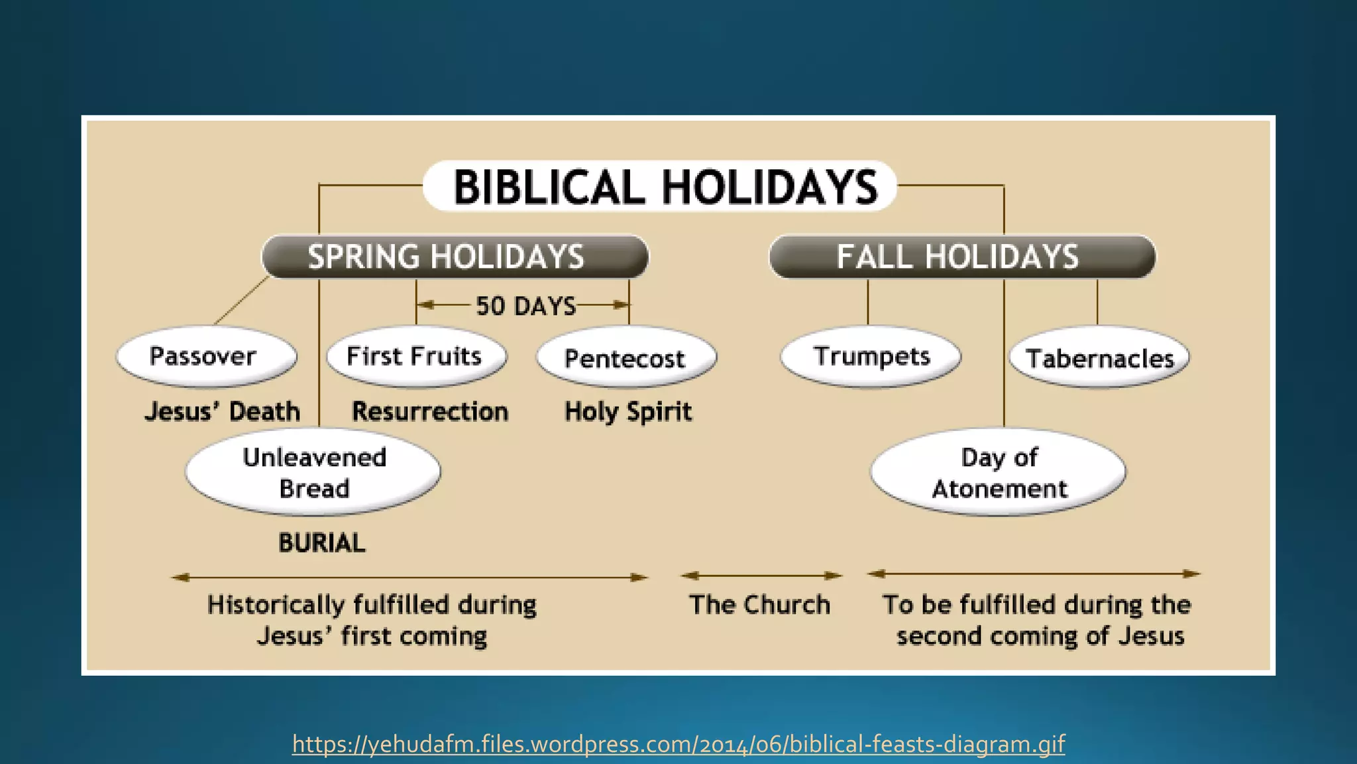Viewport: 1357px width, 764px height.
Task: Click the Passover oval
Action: point(206,357)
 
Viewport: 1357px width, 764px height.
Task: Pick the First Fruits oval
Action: point(416,357)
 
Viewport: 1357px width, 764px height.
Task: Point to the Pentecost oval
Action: point(626,358)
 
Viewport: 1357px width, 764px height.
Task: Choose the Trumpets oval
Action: point(871,357)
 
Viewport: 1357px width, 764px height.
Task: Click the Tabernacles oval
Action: point(1099,358)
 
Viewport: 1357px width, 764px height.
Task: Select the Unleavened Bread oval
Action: point(313,472)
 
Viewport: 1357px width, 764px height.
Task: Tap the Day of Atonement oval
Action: point(998,472)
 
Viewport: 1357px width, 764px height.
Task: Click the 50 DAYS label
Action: point(525,306)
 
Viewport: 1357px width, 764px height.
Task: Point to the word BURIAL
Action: point(321,543)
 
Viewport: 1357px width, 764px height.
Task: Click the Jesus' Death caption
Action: point(222,412)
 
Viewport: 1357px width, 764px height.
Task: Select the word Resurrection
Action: point(430,412)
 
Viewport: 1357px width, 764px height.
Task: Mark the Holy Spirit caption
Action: point(627,412)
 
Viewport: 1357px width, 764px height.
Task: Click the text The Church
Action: point(759,605)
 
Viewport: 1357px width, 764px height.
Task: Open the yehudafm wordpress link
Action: point(678,744)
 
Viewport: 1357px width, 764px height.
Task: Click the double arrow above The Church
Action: point(761,576)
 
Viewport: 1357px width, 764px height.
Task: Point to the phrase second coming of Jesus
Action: point(1040,636)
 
